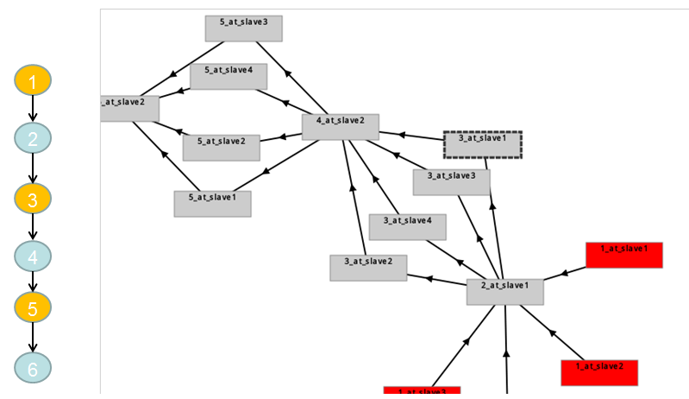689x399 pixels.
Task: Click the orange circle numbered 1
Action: point(33,82)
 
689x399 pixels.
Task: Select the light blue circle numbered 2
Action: point(33,138)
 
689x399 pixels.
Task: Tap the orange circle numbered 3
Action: point(33,199)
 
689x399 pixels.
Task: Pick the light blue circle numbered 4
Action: point(33,256)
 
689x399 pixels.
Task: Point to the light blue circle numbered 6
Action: point(33,368)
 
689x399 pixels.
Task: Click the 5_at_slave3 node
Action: point(244,28)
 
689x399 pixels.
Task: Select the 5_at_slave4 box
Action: point(229,77)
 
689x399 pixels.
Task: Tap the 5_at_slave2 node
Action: point(222,148)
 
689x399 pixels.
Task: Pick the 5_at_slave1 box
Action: point(212,203)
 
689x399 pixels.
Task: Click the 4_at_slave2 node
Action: point(341,127)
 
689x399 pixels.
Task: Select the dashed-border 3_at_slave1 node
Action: point(482,144)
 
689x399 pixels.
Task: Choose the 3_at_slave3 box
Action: point(452,181)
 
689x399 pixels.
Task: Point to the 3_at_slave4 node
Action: point(408,226)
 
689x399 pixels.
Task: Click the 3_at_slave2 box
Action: point(368,268)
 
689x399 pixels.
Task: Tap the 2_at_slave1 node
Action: point(505,291)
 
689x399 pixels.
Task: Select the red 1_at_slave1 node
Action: point(624,255)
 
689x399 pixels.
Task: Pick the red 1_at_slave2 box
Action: point(598,372)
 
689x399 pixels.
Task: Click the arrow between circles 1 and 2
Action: point(33,110)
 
